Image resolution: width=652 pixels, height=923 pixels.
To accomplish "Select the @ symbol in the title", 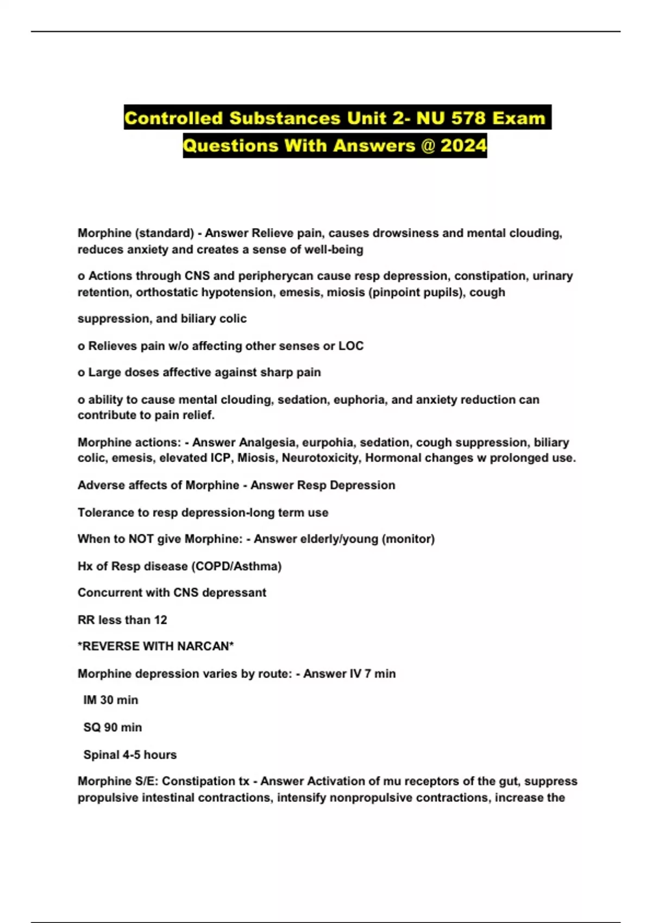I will [427, 146].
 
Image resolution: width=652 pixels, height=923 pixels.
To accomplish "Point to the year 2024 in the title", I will [463, 146].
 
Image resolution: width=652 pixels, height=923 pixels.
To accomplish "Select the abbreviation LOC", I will [351, 346].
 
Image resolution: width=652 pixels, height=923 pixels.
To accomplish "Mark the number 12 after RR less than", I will [160, 620].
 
